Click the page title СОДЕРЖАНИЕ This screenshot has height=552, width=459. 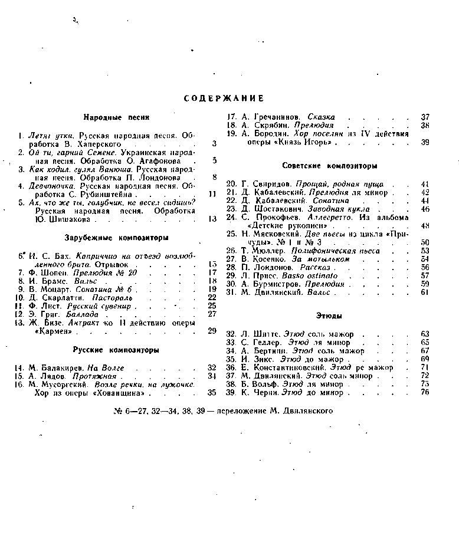click(x=224, y=98)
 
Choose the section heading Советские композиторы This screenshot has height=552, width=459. click(x=330, y=166)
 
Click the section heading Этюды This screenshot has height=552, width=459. click(x=330, y=316)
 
